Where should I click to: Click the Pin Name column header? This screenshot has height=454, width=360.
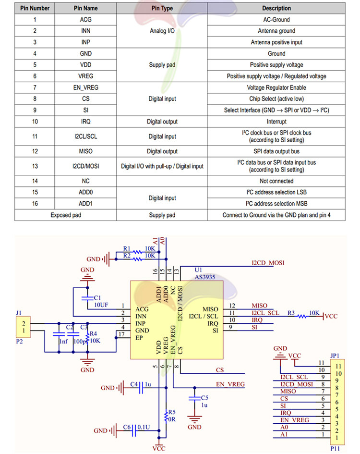86,8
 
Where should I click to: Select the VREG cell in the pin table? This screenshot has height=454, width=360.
86,76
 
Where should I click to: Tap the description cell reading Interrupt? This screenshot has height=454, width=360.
276,122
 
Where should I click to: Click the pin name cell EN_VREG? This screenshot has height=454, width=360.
86,87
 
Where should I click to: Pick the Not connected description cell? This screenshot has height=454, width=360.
276,181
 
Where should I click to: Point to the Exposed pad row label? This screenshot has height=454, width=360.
66,215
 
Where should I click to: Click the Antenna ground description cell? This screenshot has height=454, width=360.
276,31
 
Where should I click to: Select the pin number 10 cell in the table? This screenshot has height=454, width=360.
35,122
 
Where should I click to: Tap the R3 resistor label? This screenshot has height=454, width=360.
291,313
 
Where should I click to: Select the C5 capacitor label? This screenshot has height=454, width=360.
204,398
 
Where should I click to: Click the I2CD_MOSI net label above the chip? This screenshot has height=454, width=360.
268,263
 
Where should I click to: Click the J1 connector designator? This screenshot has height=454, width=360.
19,312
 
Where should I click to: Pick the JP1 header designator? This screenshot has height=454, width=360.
335,356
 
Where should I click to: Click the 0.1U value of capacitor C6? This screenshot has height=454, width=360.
143,427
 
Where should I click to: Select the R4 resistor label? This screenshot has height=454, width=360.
93,333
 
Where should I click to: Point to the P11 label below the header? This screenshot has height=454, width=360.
335,449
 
